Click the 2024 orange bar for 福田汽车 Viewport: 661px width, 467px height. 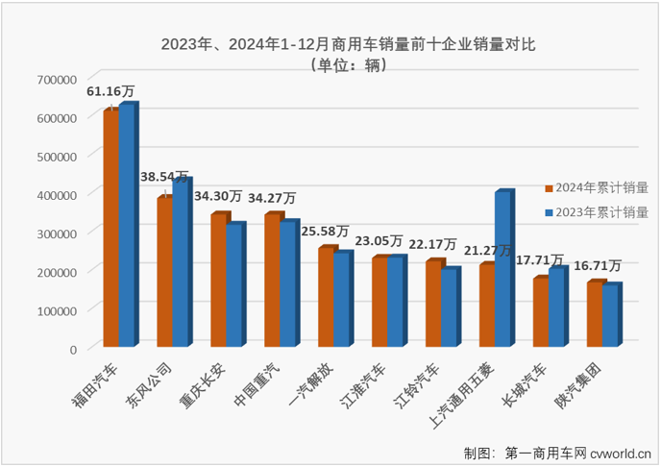(110, 228)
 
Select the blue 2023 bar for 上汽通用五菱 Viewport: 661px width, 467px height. (502, 270)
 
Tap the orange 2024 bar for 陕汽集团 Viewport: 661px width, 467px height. (594, 314)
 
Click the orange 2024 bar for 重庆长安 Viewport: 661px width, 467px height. (218, 281)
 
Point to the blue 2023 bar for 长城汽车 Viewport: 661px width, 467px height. (556, 307)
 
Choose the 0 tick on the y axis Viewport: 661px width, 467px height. (72, 349)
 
